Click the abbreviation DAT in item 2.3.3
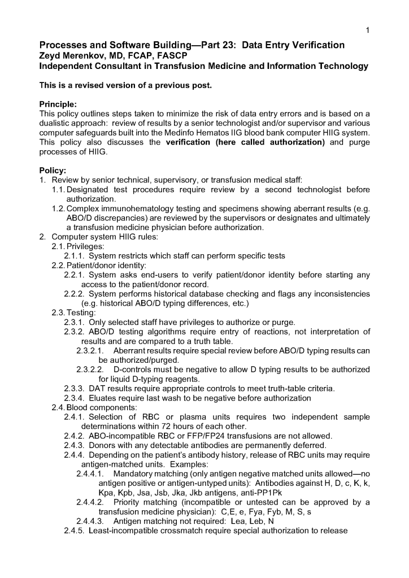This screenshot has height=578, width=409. [98, 388]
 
